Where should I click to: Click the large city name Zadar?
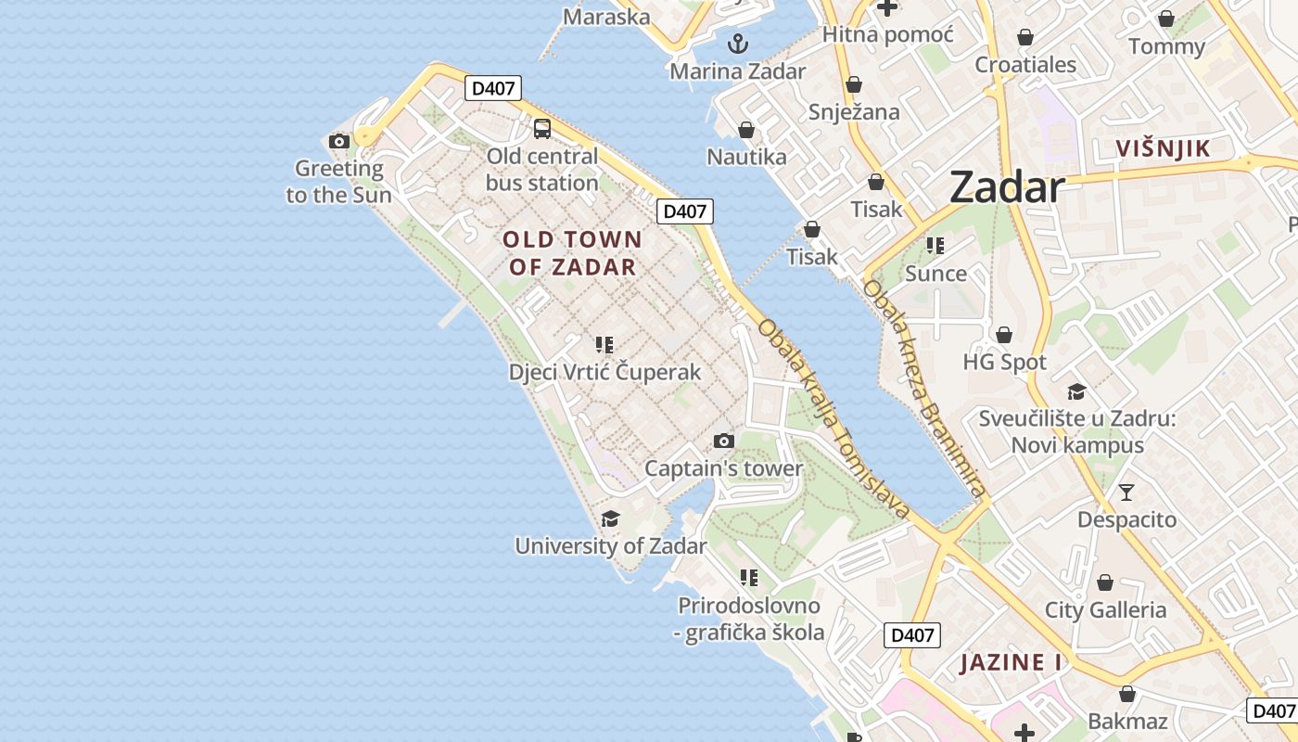[x=1007, y=188]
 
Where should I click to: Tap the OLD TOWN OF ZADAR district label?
[x=571, y=253]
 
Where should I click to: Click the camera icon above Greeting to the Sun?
[x=339, y=142]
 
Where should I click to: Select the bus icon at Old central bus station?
[x=542, y=129]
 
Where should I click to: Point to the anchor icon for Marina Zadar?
[x=738, y=44]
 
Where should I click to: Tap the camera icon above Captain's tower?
[x=724, y=441]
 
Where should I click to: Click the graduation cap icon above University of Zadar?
[x=610, y=518]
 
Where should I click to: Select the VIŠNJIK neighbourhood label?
[x=1164, y=148]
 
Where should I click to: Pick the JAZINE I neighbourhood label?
[x=1011, y=663]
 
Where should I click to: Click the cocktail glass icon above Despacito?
[x=1126, y=493]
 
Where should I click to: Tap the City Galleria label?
[x=1105, y=610]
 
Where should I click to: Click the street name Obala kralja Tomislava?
[x=834, y=419]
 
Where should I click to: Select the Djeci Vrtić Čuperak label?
[x=604, y=373]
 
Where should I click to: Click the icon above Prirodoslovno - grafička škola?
[x=750, y=578]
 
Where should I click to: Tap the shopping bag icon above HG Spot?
[x=1004, y=335]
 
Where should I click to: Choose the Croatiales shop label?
[x=1025, y=65]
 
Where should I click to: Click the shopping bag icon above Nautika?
[x=746, y=130]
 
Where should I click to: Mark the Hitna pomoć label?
[x=888, y=35]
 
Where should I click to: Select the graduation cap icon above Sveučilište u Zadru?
[x=1076, y=392]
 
